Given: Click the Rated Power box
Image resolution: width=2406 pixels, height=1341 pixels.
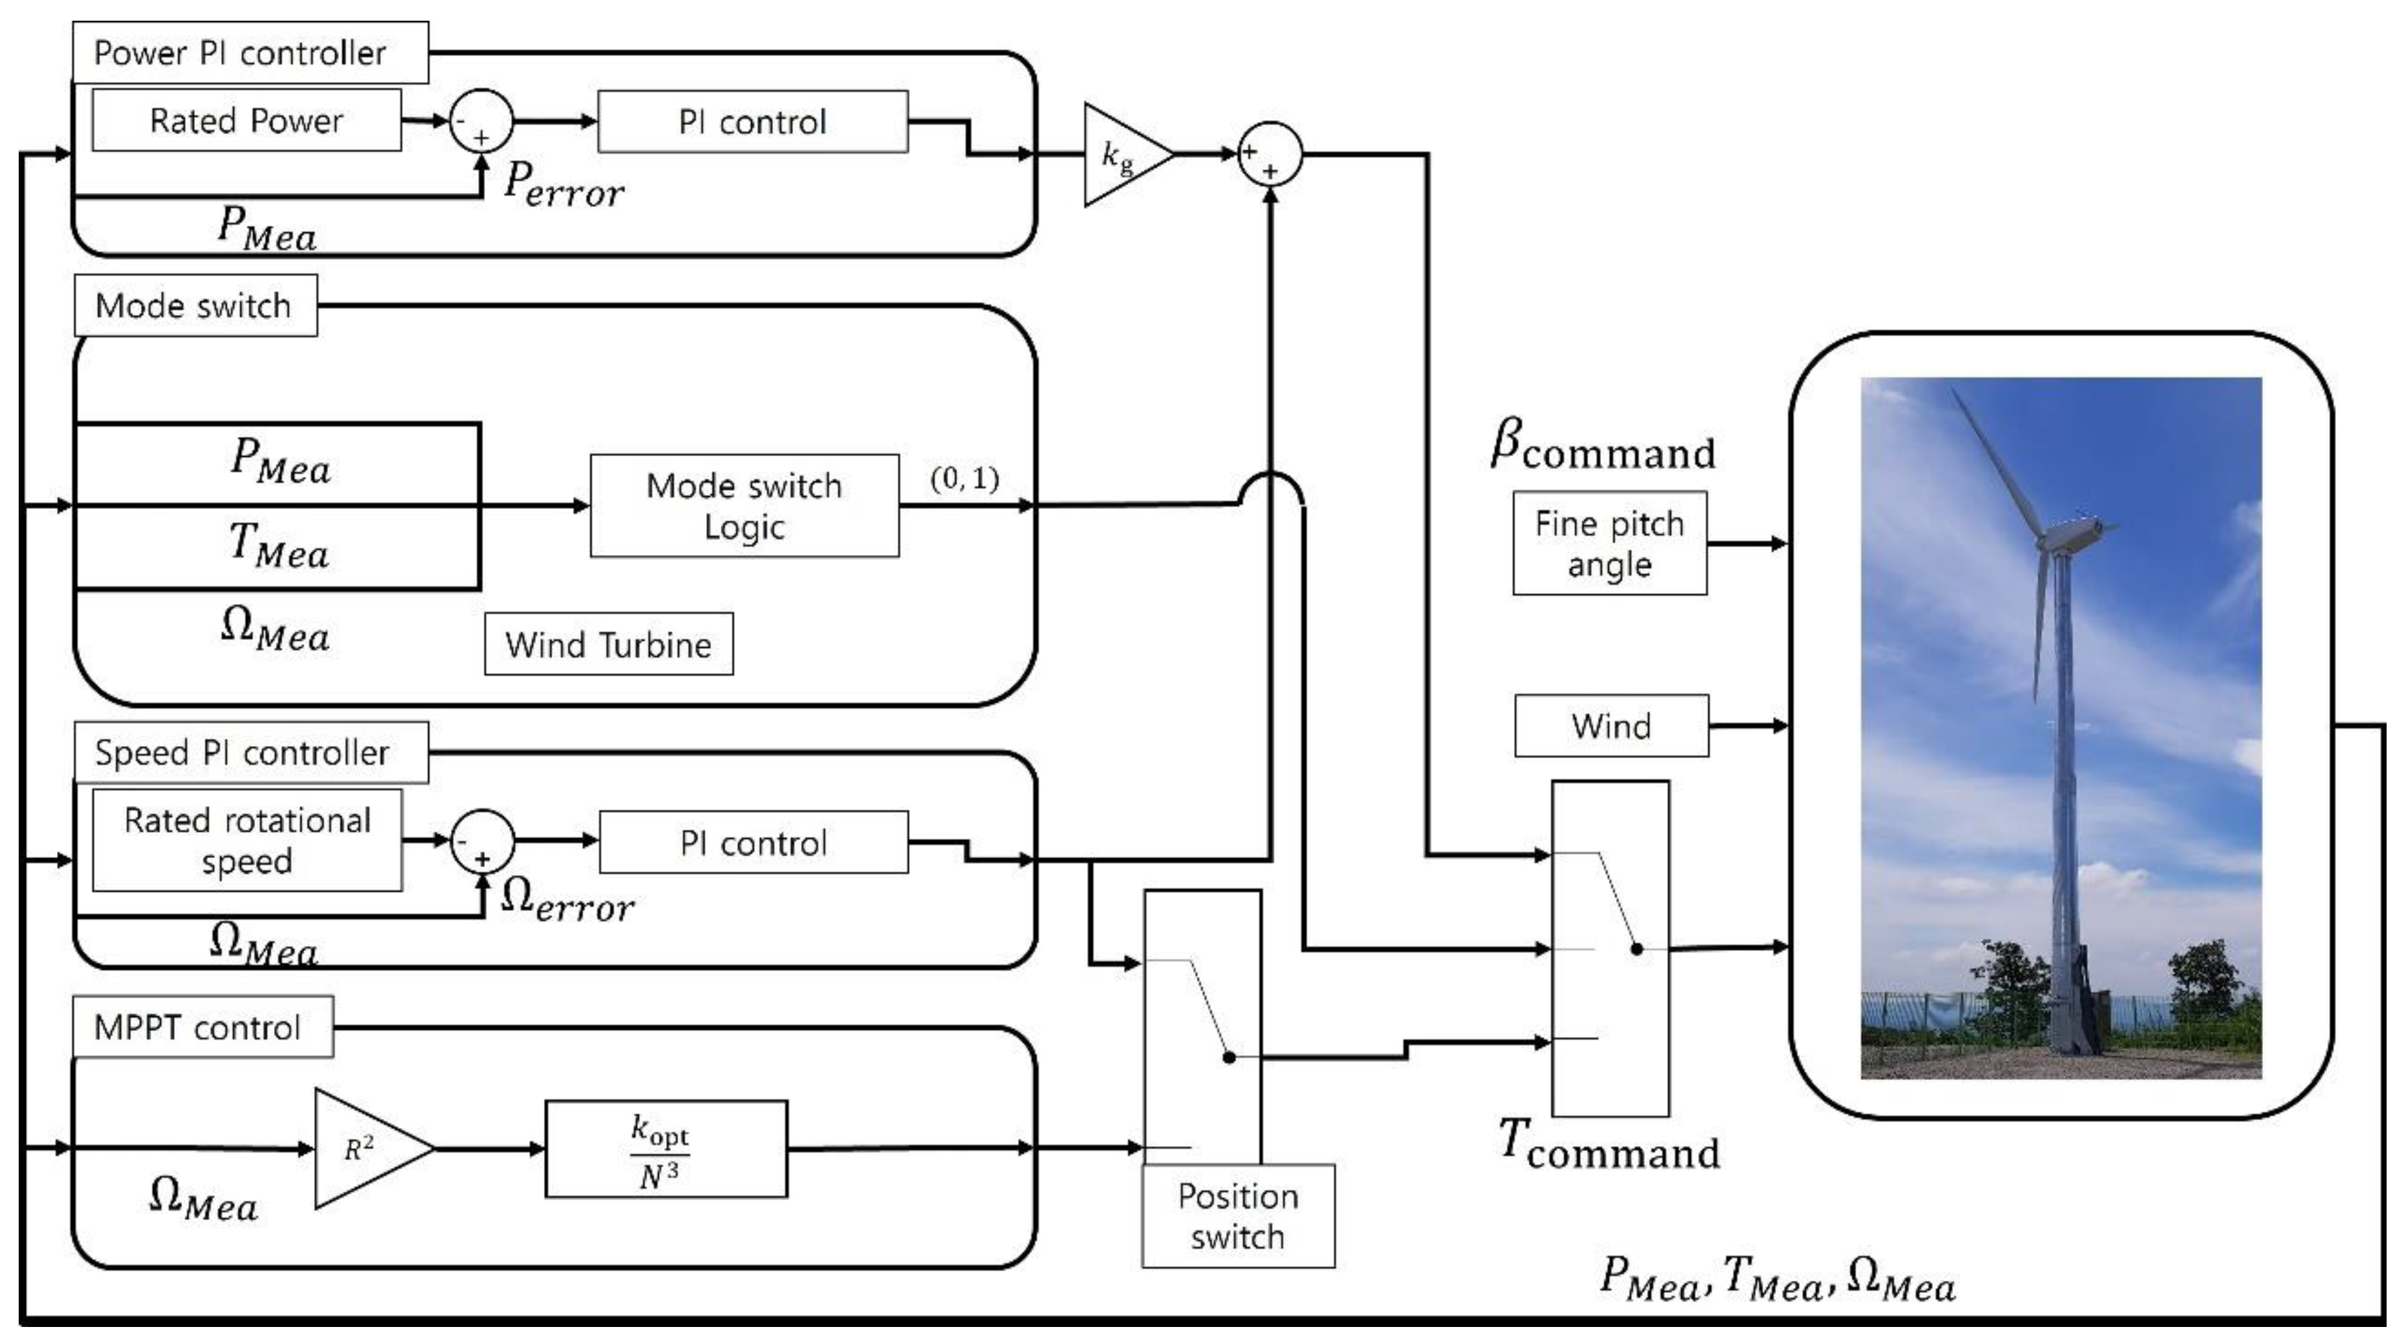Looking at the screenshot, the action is pos(247,120).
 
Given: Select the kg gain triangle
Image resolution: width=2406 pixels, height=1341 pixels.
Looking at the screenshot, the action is pos(1124,155).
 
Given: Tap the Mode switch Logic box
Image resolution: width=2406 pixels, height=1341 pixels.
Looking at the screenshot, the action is pos(744,506).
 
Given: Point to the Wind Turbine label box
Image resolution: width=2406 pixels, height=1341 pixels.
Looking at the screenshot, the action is pos(609,644).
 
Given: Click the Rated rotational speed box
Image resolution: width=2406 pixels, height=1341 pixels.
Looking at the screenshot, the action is pos(247,839).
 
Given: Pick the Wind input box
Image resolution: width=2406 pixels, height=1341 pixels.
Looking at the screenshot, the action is pos(1611,726).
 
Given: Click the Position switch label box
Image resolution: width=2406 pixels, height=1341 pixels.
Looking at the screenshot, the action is pos(1239,1216).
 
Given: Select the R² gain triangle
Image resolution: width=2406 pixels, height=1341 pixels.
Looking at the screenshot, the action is pos(369,1149).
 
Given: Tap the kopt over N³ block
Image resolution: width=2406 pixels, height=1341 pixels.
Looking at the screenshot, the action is pos(666,1149).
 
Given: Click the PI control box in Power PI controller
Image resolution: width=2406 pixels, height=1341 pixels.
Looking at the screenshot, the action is pos(753,122).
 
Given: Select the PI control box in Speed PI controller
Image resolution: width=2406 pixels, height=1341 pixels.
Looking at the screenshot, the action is pos(754,842).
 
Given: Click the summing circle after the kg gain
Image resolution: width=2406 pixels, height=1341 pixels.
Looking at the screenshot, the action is pos(1269,155).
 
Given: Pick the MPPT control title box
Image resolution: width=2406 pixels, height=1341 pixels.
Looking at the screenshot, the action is pos(202,1027).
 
